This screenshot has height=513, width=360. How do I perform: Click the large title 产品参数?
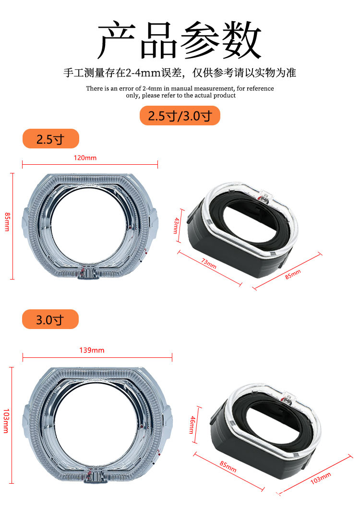[x=180, y=39]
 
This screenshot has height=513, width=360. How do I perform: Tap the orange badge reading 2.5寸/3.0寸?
[x=180, y=115]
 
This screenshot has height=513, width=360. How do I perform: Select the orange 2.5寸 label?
[x=51, y=139]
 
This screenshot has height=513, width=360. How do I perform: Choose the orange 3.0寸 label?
[x=50, y=319]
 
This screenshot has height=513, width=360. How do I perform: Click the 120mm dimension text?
[x=85, y=158]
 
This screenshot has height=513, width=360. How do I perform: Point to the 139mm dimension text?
[x=92, y=350]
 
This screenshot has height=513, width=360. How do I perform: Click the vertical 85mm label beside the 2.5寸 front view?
[x=7, y=221]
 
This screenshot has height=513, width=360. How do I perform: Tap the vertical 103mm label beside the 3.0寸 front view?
[x=6, y=421]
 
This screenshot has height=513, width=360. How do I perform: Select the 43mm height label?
[x=176, y=226]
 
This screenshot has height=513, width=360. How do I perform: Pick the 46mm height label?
[x=192, y=425]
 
